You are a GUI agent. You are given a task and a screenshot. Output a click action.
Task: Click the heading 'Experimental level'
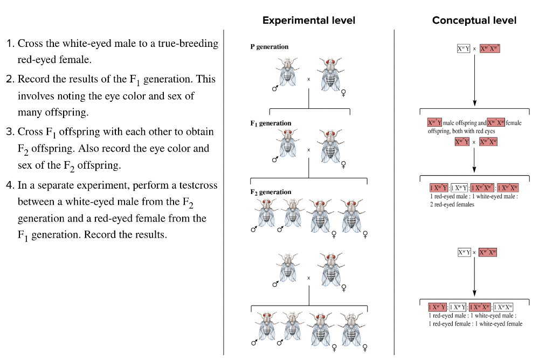coord(309,20)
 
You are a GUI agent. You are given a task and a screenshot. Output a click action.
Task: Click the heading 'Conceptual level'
coord(474,20)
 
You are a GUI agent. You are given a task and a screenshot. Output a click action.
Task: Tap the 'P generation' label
coord(269,47)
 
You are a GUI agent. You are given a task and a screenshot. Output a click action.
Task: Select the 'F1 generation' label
coord(271,123)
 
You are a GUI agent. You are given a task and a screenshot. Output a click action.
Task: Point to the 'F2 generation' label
coord(271,192)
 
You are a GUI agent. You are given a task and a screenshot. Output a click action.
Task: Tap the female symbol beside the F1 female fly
coord(343,164)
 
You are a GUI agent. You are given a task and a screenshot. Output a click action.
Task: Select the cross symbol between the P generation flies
coord(309,79)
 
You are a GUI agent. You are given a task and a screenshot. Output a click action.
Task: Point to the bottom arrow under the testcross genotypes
coord(474,278)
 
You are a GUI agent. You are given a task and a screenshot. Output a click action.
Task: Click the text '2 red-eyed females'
coord(452,205)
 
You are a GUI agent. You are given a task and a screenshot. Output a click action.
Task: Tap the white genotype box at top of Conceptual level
coord(463,49)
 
